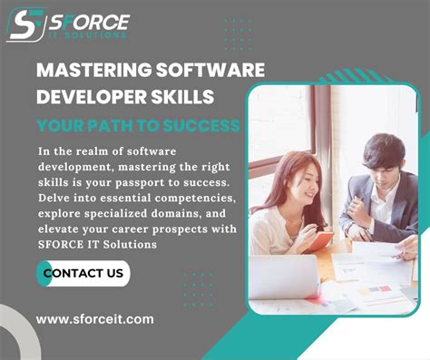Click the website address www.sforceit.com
click(94, 319)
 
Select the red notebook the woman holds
click(318, 241)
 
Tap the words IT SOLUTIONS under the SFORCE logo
click(91, 34)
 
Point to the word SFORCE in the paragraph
click(60, 244)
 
